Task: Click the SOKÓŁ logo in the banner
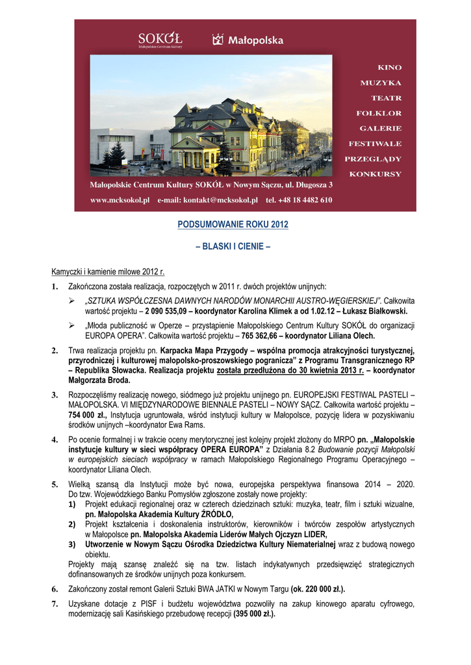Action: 160,40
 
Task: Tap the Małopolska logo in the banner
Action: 248,40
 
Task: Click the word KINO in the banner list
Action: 389,68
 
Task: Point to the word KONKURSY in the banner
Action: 375,174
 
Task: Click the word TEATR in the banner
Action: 386,98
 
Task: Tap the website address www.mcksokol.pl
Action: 120,200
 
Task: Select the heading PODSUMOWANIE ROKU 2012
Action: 233,225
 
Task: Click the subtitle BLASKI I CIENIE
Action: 233,247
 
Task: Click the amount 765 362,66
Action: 262,336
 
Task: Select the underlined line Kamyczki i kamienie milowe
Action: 108,271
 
